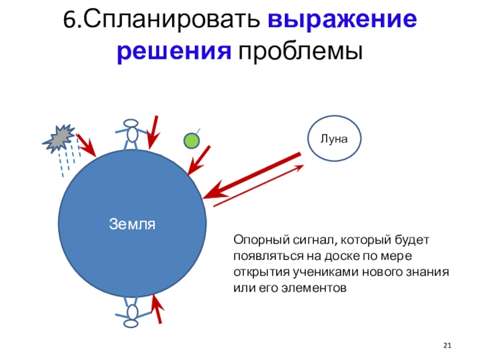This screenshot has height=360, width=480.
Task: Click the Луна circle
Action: coord(335,138)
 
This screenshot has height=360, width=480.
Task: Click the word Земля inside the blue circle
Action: coord(133,224)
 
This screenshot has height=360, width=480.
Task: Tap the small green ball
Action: coord(191,140)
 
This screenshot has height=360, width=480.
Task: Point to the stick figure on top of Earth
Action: coord(131,134)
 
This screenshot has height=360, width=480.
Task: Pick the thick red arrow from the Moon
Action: coord(252,176)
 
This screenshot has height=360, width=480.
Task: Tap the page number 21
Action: coord(446,346)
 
